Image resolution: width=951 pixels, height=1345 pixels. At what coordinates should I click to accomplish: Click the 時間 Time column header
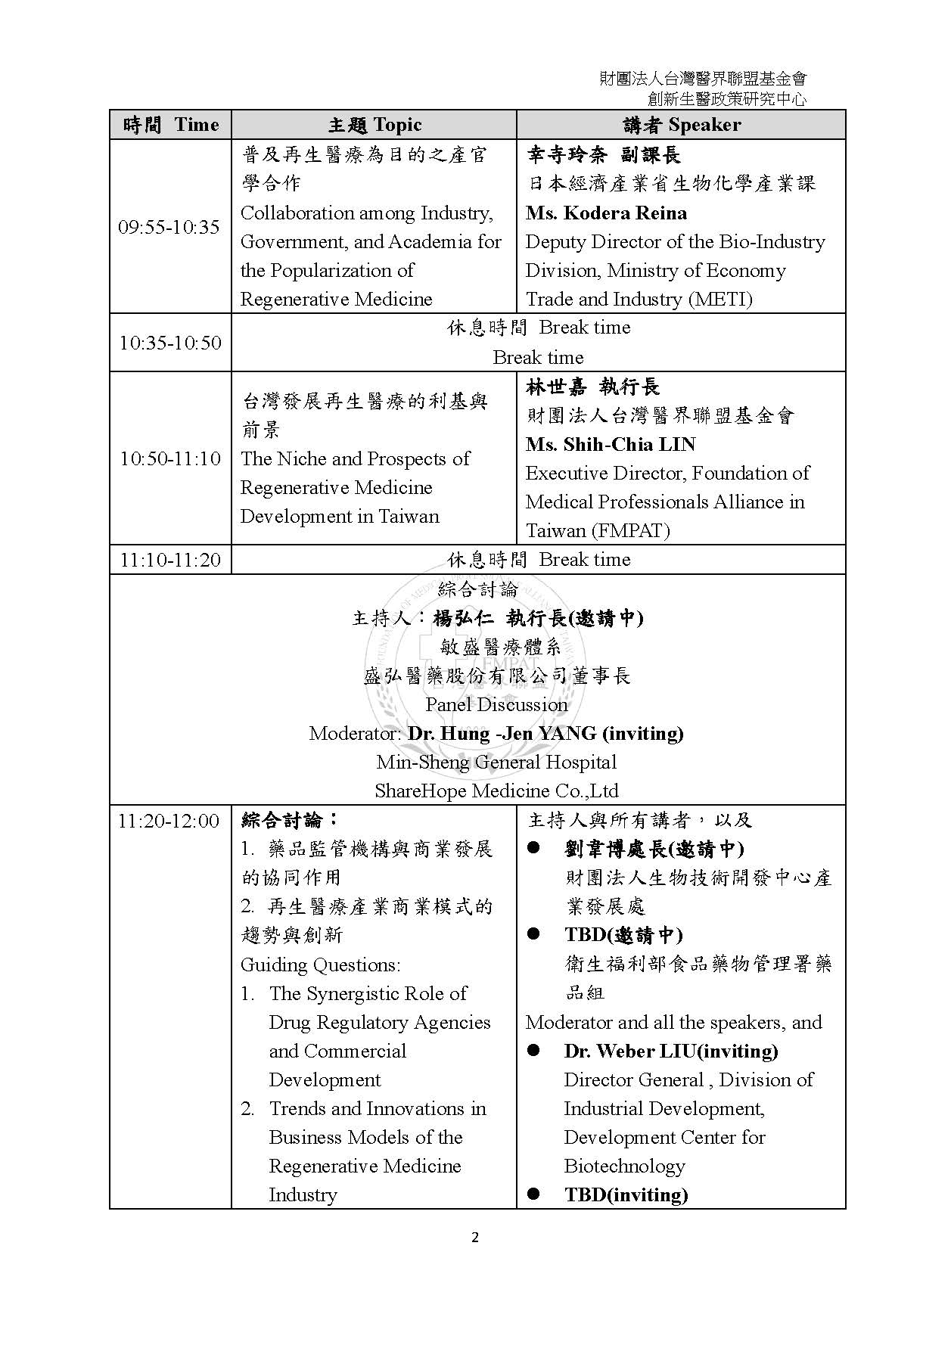(170, 125)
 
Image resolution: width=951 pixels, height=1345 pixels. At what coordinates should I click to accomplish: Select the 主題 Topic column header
(374, 125)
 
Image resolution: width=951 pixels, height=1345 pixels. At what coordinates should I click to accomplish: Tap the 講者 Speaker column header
(682, 125)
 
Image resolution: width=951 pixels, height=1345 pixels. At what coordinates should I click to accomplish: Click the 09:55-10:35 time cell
(169, 227)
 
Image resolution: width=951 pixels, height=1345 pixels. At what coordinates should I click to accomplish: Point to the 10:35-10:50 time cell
(170, 343)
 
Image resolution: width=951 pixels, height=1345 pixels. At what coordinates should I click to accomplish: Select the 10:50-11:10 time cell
(170, 458)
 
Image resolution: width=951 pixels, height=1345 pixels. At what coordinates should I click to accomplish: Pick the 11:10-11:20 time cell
(170, 560)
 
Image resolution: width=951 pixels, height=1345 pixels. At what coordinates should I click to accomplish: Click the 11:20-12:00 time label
(169, 821)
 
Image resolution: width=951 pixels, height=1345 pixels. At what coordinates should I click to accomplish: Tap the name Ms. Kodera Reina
(606, 213)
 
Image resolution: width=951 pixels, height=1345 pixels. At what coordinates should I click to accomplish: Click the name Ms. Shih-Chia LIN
(611, 445)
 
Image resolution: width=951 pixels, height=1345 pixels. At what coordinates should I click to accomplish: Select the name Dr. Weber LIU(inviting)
(671, 1051)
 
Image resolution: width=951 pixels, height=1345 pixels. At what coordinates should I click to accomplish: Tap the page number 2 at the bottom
(475, 1238)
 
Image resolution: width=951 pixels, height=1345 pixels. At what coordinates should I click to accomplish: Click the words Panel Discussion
(496, 705)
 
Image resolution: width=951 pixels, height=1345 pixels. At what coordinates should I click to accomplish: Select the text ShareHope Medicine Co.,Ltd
(496, 791)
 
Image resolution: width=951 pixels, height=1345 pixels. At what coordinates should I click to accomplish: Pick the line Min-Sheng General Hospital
(496, 763)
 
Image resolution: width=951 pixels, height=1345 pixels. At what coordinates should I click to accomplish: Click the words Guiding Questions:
(320, 965)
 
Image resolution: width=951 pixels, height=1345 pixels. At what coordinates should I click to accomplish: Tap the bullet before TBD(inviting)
(533, 1194)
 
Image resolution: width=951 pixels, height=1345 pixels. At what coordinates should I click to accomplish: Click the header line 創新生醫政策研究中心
(727, 99)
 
